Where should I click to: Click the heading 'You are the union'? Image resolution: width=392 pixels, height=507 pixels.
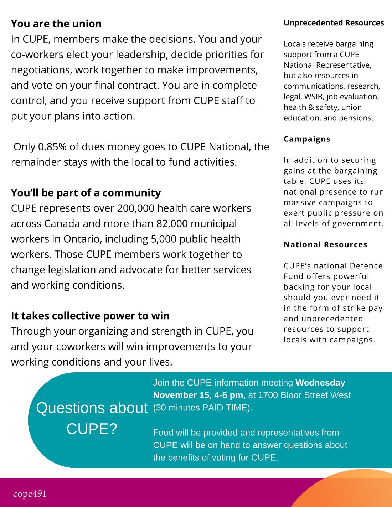pos(56,24)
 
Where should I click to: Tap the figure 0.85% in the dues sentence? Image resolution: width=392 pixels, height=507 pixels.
pos(52,147)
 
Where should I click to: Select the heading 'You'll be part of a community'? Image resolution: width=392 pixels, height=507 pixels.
pos(86,193)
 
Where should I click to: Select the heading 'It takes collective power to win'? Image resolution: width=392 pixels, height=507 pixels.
pos(90,316)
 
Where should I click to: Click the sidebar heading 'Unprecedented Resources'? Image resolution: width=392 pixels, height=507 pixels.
pos(334,23)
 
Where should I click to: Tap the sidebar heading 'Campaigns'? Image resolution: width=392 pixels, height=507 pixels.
pos(307,139)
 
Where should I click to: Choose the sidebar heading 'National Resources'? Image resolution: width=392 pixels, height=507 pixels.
pos(325,245)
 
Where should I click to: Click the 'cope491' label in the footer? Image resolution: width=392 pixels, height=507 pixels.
pos(30,494)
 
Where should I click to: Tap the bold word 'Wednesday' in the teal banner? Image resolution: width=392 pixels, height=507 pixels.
pos(320,383)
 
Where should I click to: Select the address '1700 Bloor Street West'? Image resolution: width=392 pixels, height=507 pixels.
pos(304,395)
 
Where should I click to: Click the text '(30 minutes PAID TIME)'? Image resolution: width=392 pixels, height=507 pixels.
pos(202,408)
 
